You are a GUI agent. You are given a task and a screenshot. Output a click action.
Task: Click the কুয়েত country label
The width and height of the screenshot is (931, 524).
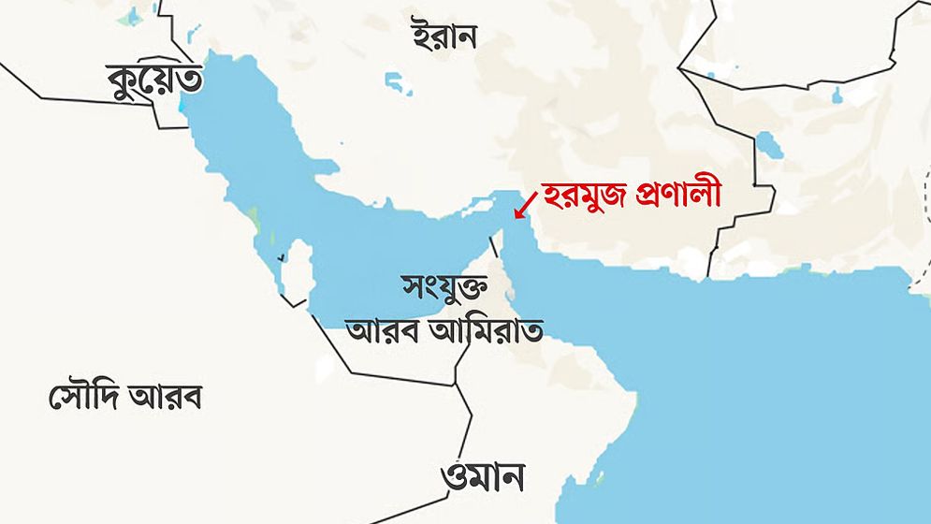pos(154,81)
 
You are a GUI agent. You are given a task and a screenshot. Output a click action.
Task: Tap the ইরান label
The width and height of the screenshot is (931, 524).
pos(444,36)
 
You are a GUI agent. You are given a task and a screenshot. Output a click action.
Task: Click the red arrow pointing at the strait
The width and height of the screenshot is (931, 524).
pos(526,203)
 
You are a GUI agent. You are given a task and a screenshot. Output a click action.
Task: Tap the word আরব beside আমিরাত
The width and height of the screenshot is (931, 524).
pos(379,328)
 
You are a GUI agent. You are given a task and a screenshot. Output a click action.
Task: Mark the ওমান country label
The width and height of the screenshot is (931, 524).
pos(482,476)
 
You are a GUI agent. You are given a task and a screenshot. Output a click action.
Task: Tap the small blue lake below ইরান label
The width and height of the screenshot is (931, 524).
pos(400,83)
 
